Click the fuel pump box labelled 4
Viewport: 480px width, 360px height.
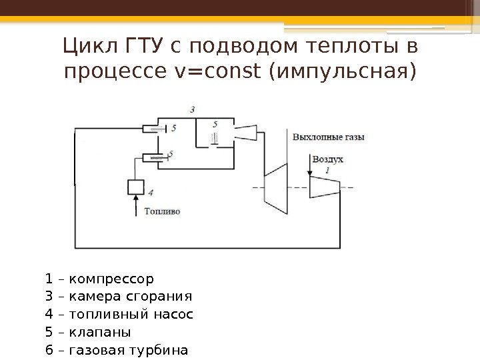[135, 186]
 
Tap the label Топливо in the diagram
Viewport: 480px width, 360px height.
[162, 211]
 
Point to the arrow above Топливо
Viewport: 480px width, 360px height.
[135, 203]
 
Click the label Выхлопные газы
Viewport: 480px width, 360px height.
[329, 137]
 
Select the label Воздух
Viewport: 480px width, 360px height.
[328, 160]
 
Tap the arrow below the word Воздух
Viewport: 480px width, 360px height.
[310, 171]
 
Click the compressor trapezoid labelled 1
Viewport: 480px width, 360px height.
[325, 187]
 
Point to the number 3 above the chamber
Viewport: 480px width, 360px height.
[193, 109]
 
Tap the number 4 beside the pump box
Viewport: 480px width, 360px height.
[151, 193]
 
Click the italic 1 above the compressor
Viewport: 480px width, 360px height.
[327, 171]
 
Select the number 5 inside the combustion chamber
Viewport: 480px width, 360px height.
[215, 124]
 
